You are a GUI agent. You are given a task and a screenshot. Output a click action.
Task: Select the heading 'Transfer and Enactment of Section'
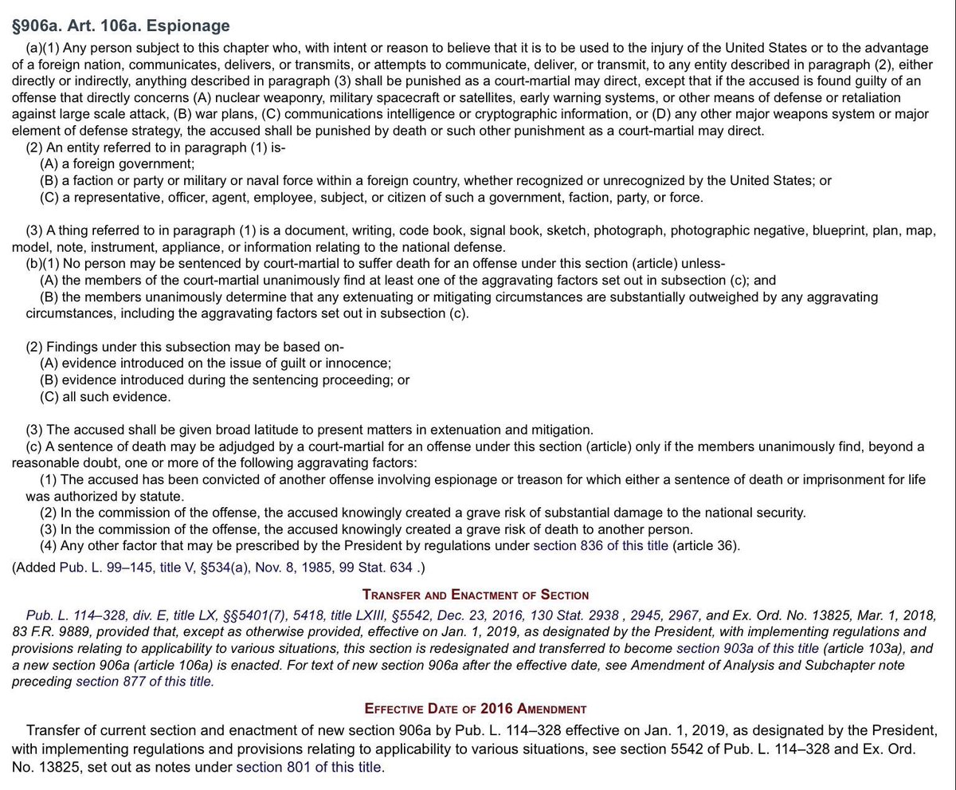[476, 595]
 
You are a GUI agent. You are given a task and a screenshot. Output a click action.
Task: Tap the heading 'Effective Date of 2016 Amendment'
[476, 708]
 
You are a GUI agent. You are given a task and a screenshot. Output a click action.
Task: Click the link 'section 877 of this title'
[144, 682]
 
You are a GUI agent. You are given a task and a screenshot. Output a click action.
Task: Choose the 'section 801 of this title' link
[309, 768]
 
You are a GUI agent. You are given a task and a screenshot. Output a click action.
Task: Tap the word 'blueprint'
[845, 230]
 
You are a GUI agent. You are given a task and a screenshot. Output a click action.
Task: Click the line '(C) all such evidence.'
[105, 396]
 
